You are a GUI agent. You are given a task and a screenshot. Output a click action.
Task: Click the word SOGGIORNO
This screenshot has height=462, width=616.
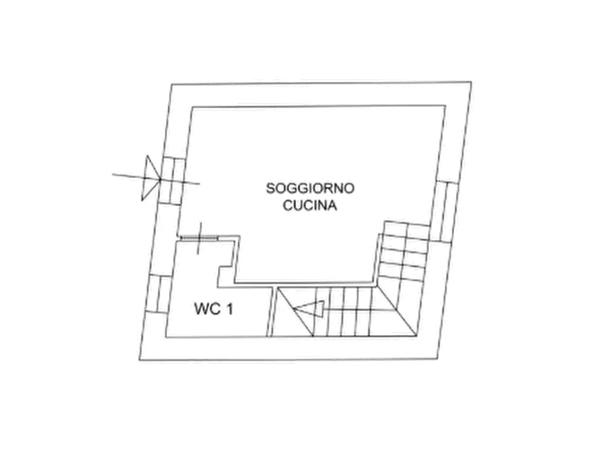click(x=310, y=188)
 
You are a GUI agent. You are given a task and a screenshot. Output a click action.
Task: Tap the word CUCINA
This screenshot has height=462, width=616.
click(x=310, y=205)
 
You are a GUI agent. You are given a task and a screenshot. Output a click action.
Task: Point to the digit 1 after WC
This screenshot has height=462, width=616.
click(x=230, y=309)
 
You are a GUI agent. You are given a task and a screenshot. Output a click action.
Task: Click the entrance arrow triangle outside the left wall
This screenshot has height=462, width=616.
click(x=150, y=178)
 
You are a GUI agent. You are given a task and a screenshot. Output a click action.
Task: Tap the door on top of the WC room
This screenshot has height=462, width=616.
click(x=199, y=237)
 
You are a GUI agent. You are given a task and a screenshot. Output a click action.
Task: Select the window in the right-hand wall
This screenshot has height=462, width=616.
click(x=444, y=212)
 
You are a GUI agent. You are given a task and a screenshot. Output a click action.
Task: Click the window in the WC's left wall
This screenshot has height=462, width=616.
click(x=159, y=294)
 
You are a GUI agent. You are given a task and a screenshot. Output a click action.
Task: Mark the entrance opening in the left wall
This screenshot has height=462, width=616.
click(x=171, y=181)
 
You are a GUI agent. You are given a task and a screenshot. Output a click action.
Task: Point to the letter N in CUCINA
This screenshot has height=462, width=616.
click(x=321, y=205)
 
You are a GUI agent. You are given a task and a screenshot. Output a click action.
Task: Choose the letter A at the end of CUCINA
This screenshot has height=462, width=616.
click(x=332, y=205)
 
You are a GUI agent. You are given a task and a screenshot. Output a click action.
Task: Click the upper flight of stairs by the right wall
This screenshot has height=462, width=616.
click(x=404, y=252)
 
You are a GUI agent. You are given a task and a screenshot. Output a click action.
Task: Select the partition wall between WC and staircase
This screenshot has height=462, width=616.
click(x=270, y=312)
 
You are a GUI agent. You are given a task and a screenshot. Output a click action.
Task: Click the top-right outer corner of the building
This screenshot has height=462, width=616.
click(x=471, y=82)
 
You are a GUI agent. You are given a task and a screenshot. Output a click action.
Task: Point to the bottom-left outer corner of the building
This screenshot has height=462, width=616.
click(x=140, y=360)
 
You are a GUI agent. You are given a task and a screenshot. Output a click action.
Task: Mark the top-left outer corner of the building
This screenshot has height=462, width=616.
click(x=172, y=84)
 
